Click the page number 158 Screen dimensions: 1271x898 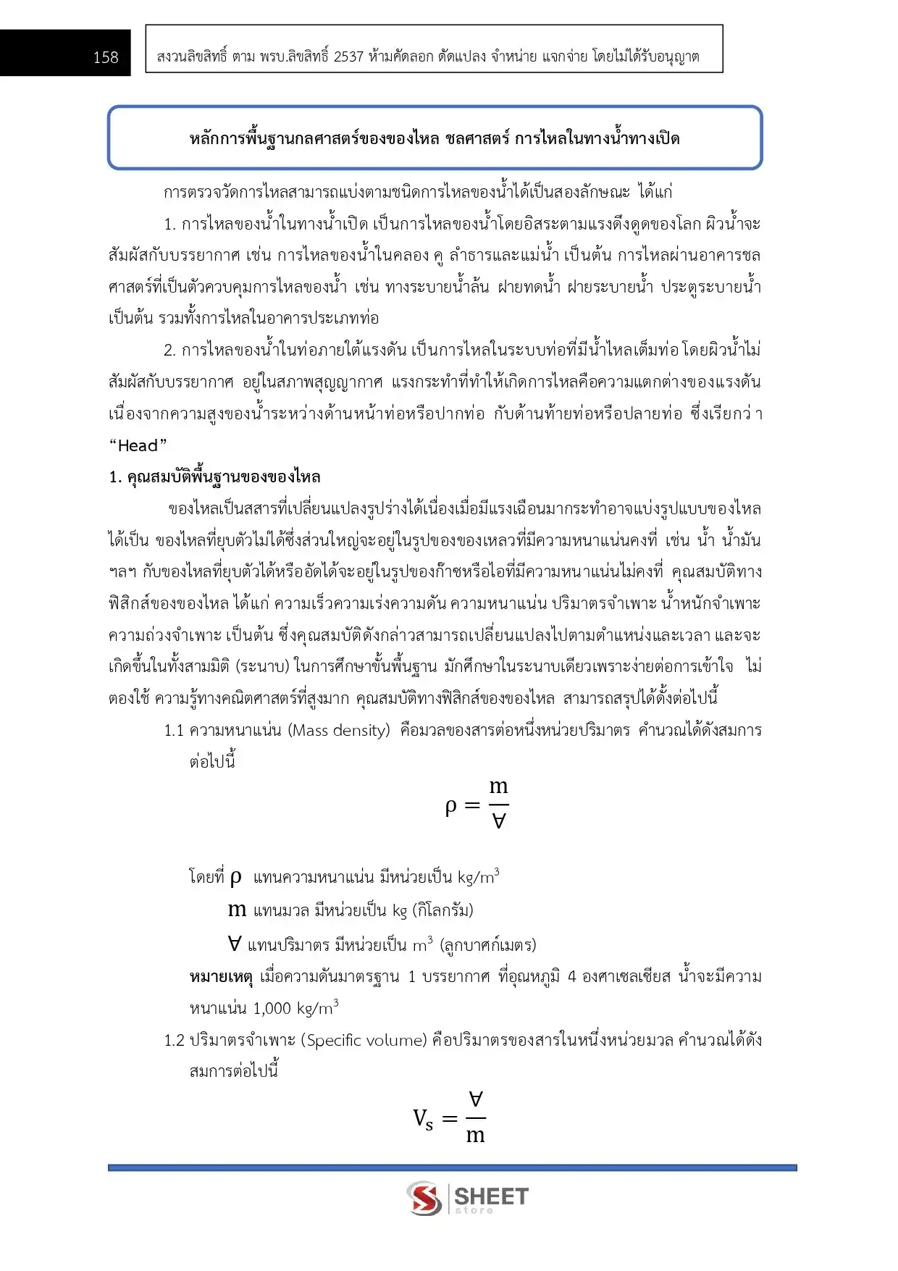(x=105, y=57)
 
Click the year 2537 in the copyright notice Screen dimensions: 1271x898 (x=348, y=56)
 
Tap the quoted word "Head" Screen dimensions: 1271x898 (x=138, y=445)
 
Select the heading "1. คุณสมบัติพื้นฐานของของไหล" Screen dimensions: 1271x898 (x=214, y=477)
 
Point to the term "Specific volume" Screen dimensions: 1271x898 (x=366, y=1040)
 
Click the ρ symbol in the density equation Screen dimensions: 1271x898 (x=451, y=806)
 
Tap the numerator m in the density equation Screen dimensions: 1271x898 (x=498, y=786)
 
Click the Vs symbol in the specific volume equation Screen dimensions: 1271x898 (x=423, y=1119)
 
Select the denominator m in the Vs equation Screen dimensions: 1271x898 (x=475, y=1136)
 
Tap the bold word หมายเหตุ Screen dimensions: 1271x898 (x=221, y=977)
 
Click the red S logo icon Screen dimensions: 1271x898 (x=424, y=1198)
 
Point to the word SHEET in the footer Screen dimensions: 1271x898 (x=491, y=1195)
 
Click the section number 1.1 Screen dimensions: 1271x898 (x=174, y=730)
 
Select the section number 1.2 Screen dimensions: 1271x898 (x=174, y=1040)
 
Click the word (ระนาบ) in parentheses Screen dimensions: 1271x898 (x=262, y=666)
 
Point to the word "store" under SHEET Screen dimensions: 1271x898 (x=474, y=1210)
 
